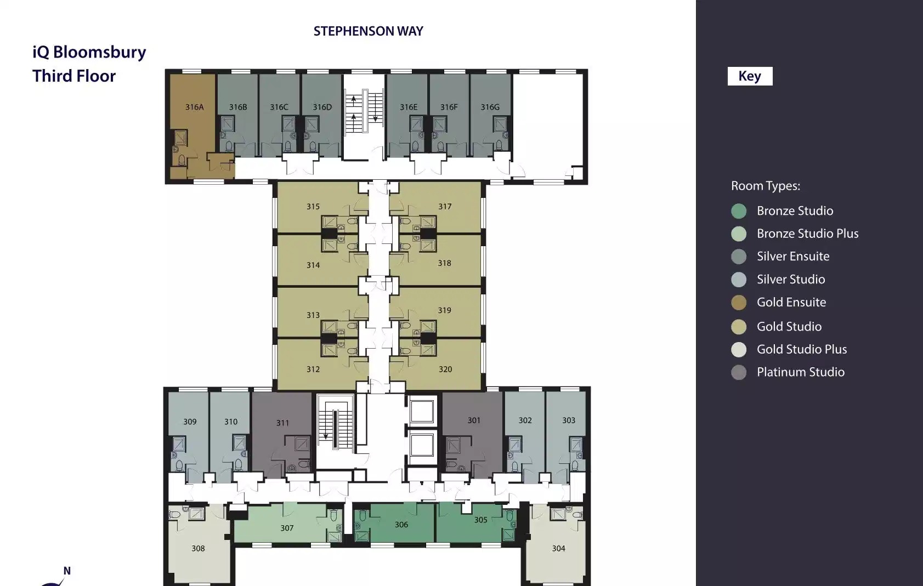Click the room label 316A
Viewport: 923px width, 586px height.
195,107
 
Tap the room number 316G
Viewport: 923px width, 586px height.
490,107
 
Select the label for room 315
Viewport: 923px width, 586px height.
313,206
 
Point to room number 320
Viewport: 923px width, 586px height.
445,369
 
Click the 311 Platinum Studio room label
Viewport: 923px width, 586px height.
282,423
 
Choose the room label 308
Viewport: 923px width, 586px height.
198,548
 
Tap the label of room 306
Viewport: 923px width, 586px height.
401,524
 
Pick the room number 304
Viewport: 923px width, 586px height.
559,548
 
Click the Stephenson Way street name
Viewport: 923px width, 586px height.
369,31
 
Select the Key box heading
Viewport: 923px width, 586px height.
750,76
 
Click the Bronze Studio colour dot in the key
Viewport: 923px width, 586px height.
739,211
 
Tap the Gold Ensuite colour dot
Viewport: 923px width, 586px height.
739,303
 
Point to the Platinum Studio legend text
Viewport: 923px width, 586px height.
801,372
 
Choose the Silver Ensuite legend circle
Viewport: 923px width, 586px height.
739,257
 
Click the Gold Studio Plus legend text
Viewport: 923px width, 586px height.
802,349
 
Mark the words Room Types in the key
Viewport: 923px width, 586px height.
766,186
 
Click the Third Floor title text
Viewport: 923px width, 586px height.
74,76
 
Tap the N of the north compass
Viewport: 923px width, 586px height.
67,571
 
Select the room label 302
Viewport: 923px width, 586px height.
525,420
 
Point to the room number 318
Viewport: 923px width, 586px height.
445,263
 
